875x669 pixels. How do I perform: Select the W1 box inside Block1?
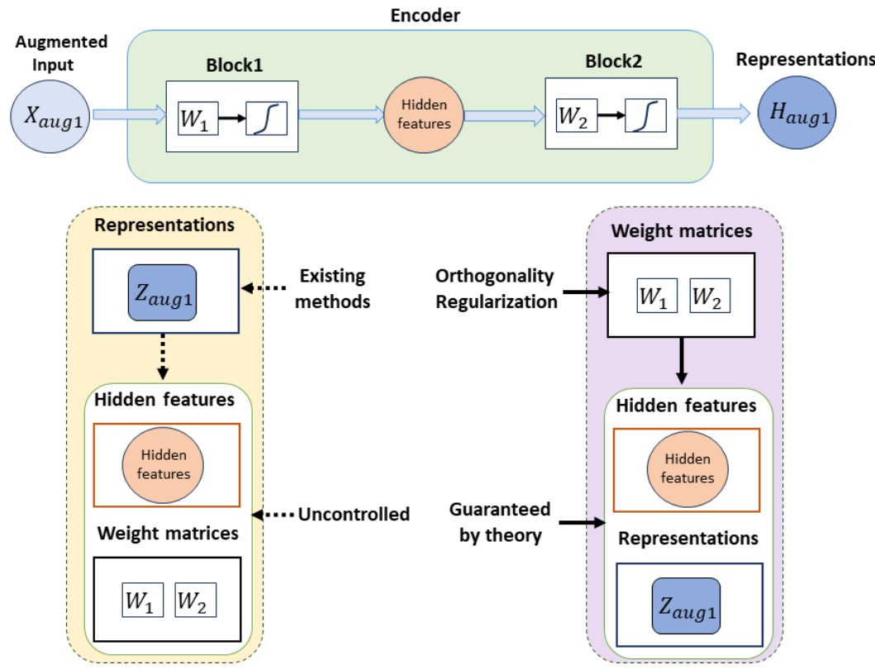(x=196, y=117)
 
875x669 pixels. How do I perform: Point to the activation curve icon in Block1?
(x=266, y=118)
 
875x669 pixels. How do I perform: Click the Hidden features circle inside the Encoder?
(x=423, y=117)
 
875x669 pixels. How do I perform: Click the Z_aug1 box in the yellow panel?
(x=161, y=293)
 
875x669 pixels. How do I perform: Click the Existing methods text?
(x=333, y=288)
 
